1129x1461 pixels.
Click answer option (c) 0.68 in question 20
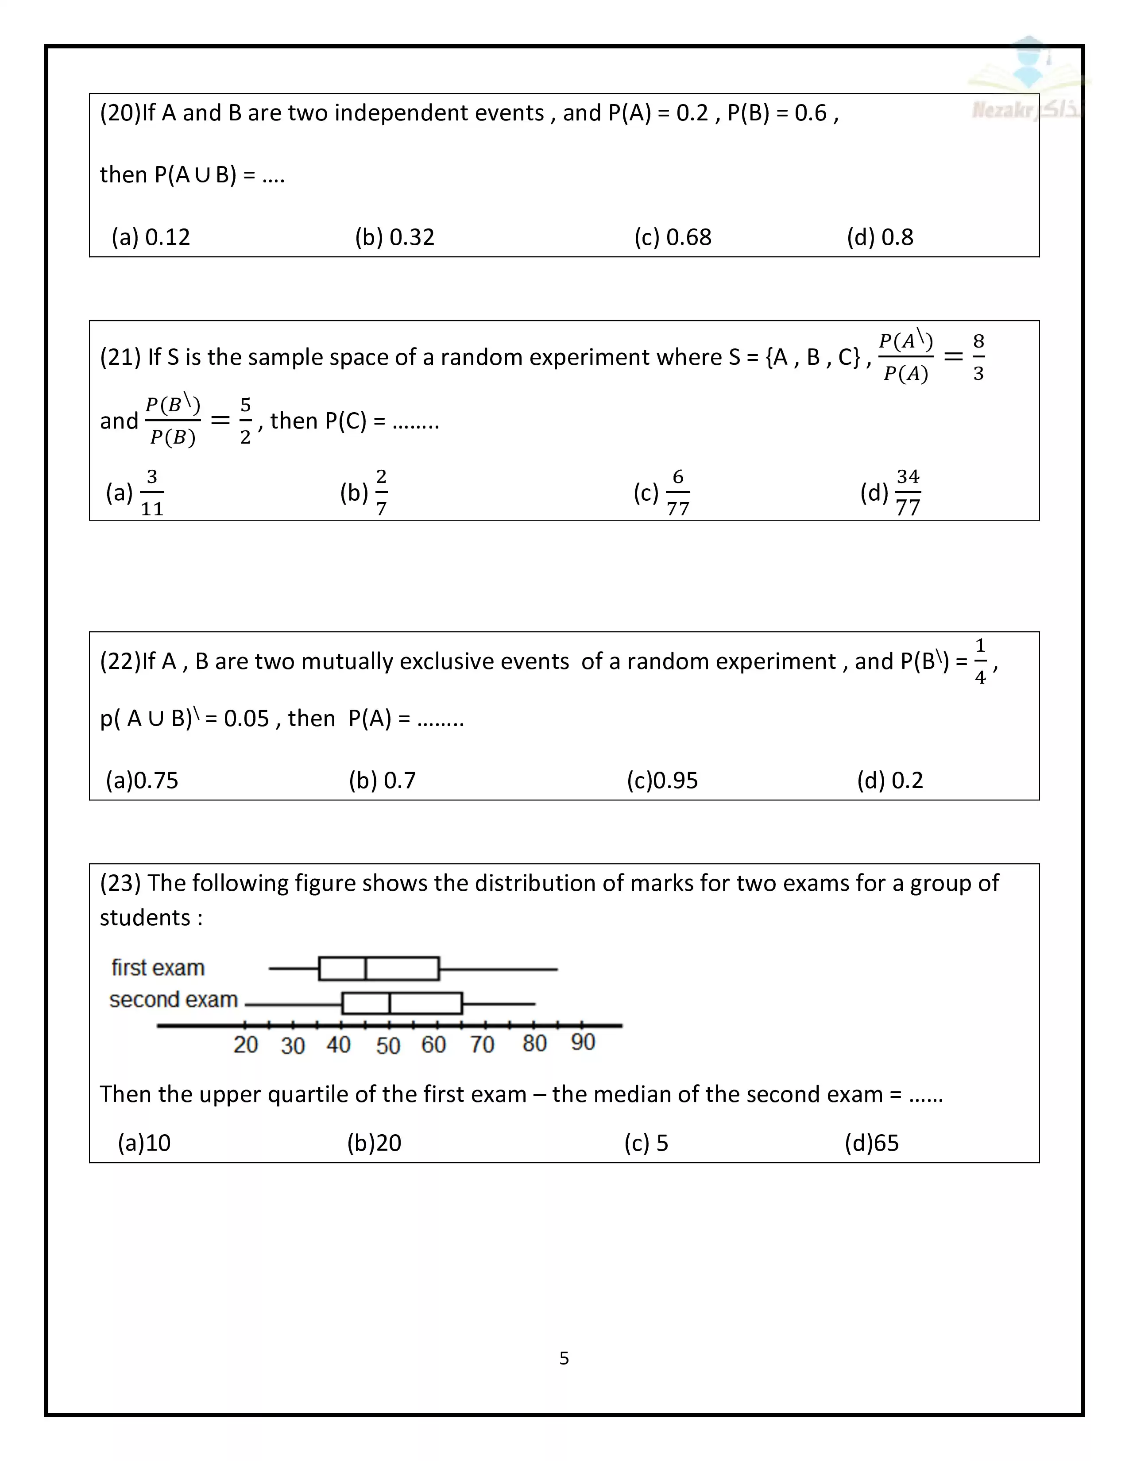pos(673,237)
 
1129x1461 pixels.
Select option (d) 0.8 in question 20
pos(880,237)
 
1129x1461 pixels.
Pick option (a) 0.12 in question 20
pos(151,237)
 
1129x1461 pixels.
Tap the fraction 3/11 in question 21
pos(152,493)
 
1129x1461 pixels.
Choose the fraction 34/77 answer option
pos(908,493)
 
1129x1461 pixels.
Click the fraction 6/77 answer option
pos(677,493)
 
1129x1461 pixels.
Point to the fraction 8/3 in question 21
pos(978,357)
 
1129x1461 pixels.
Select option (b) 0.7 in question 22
pos(382,780)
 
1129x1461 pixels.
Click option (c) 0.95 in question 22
pos(662,780)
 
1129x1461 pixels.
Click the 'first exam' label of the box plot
pos(158,968)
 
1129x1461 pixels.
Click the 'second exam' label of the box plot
pos(173,999)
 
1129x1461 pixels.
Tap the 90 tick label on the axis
pos(583,1042)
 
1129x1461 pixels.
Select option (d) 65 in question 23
pos(871,1143)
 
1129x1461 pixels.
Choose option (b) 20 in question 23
pos(374,1143)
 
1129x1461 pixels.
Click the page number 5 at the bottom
pos(564,1358)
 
